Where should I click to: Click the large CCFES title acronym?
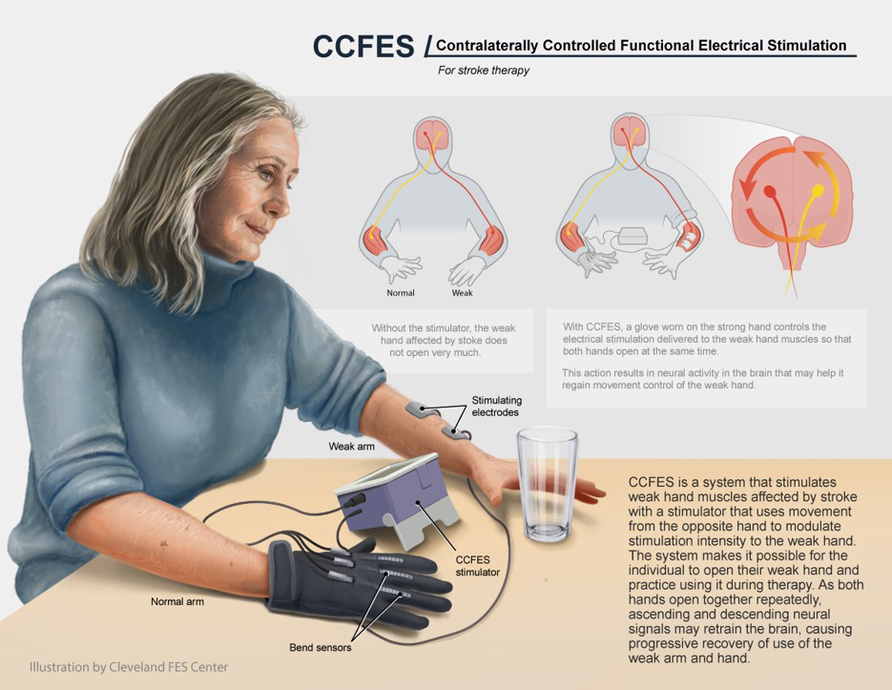[363, 46]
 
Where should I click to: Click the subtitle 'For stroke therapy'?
[484, 71]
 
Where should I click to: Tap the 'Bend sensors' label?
[320, 648]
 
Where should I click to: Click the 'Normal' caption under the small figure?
[400, 293]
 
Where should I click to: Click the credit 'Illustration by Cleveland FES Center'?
[129, 666]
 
